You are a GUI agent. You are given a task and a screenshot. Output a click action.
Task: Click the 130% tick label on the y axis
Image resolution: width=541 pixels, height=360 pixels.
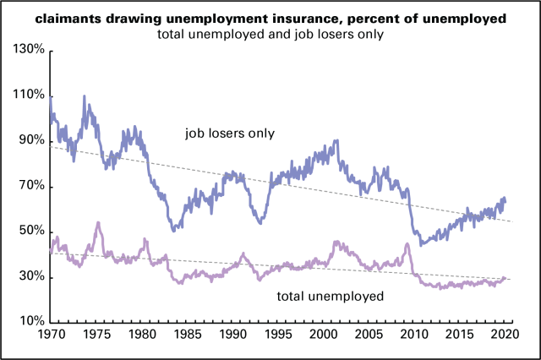pyautogui.click(x=26, y=51)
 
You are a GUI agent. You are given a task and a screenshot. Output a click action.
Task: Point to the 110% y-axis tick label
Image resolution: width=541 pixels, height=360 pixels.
pyautogui.click(x=26, y=95)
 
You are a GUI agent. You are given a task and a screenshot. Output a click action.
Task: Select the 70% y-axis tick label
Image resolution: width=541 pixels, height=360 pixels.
pyautogui.click(x=29, y=187)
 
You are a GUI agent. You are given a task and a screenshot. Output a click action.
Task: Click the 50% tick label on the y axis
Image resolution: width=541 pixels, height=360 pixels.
pyautogui.click(x=29, y=232)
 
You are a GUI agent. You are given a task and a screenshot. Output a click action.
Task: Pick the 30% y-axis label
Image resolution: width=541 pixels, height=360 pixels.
pyautogui.click(x=29, y=277)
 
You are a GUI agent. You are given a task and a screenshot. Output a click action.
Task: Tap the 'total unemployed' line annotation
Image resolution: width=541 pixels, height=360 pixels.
pyautogui.click(x=331, y=297)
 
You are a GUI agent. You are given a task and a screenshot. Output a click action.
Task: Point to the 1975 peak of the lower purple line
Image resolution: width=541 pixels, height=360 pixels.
pyautogui.click(x=98, y=223)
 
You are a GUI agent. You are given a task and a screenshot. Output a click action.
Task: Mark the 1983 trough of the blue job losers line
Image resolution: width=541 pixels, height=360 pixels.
pyautogui.click(x=172, y=229)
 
